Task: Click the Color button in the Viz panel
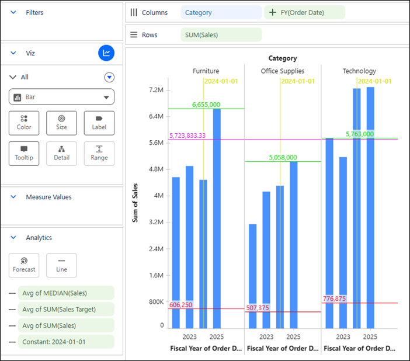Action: tap(24, 123)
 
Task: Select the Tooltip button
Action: tap(24, 154)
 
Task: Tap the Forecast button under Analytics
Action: tap(24, 265)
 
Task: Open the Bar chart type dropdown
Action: tap(61, 97)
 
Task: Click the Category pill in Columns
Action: tap(221, 12)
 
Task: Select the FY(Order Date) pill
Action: tap(304, 12)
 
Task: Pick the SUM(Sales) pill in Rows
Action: tap(221, 35)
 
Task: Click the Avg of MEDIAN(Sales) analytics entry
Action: tap(66, 293)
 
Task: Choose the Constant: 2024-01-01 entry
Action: tap(66, 342)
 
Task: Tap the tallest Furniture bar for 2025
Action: tap(217, 218)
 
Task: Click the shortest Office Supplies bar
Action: tap(252, 276)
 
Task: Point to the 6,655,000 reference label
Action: tap(206, 105)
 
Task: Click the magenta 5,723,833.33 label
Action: tap(187, 136)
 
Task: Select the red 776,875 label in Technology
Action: tap(334, 298)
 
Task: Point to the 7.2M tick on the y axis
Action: tap(156, 90)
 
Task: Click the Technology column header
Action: tap(359, 71)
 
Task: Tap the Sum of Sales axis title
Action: tap(135, 203)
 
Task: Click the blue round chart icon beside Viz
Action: tap(106, 53)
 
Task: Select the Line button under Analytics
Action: tap(61, 265)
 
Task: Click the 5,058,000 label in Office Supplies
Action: tap(283, 158)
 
